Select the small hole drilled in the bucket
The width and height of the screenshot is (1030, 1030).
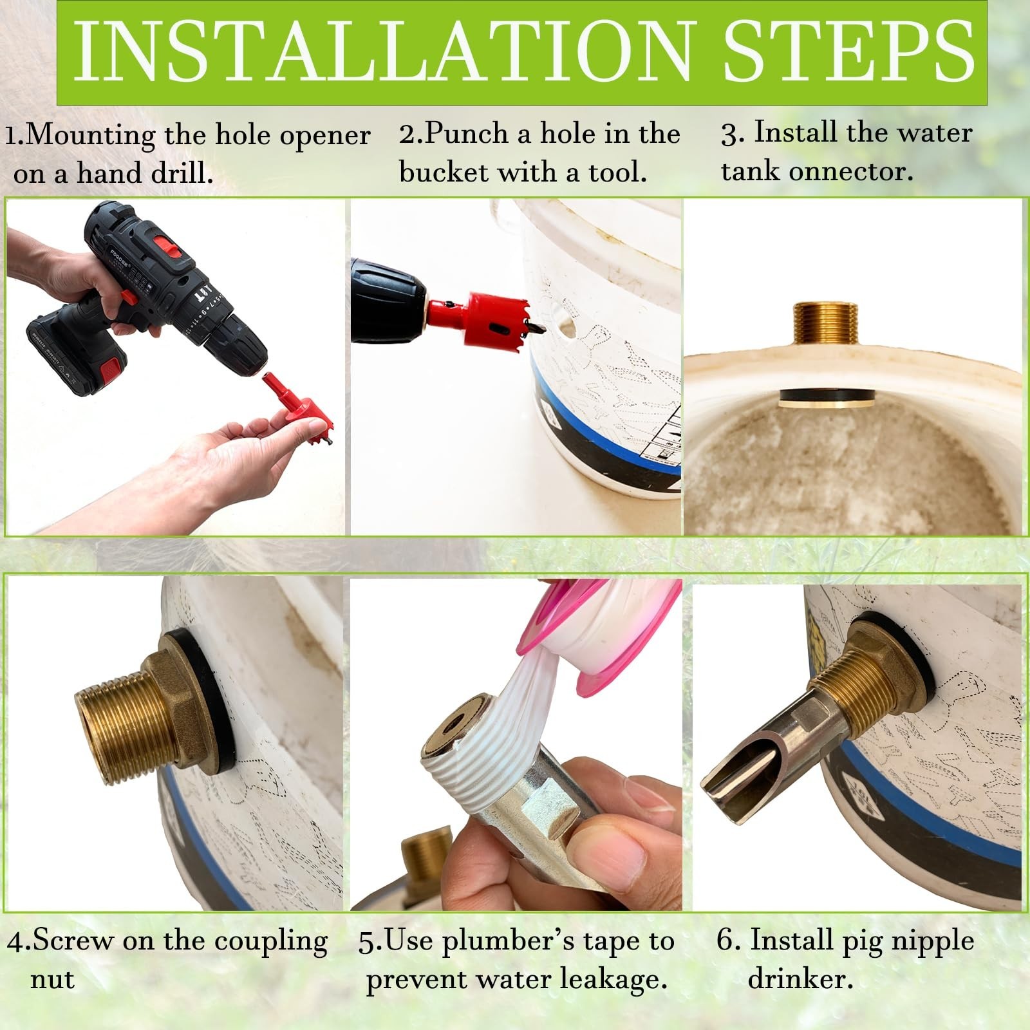coord(566,327)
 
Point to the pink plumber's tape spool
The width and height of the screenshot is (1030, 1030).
coord(599,637)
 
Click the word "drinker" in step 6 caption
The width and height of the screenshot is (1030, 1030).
coord(801,979)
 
